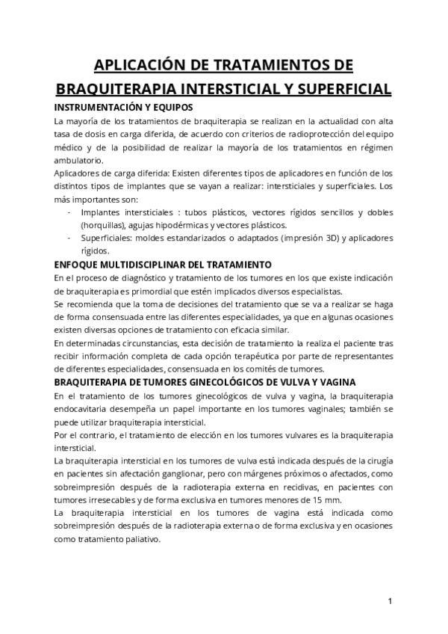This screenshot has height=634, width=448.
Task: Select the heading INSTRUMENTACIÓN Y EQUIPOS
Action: (124, 107)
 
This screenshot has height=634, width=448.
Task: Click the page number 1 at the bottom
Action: (390, 602)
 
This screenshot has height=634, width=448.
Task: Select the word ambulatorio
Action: (80, 161)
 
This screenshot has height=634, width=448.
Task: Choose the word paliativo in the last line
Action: (141, 538)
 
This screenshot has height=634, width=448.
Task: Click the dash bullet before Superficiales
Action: (69, 238)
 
